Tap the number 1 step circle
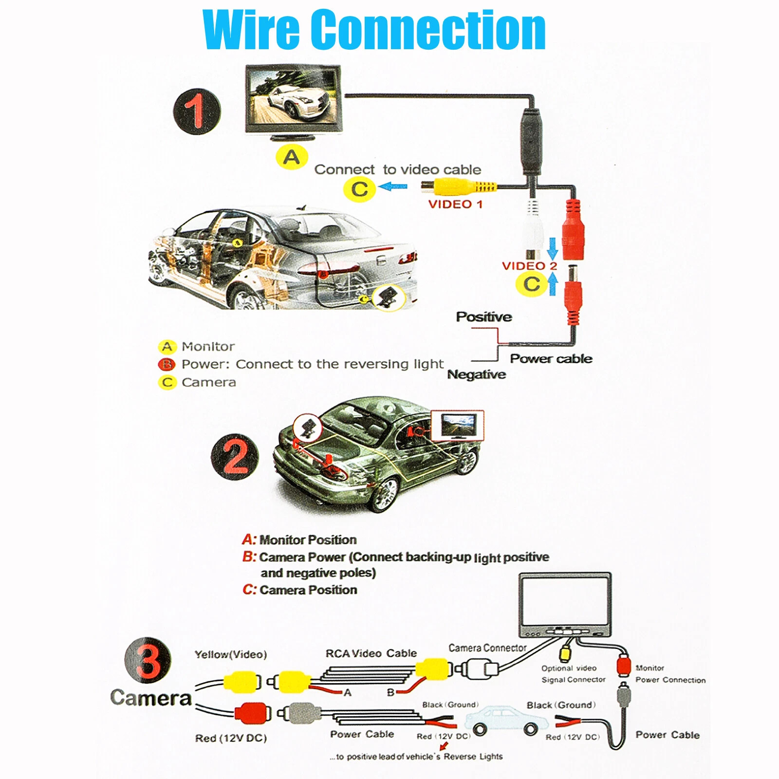tap(197, 111)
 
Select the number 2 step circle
tap(235, 457)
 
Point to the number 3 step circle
tap(148, 660)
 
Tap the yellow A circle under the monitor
tap(292, 157)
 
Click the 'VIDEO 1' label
tap(455, 204)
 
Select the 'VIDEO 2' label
tap(529, 266)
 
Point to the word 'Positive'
tap(484, 317)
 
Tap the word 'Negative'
tap(477, 374)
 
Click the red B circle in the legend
tap(167, 364)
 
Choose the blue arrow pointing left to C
tap(393, 186)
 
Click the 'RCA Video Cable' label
tap(371, 653)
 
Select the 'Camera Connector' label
tap(487, 648)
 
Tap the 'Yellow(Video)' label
tap(231, 654)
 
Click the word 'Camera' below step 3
tap(151, 698)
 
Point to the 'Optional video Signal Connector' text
tap(574, 674)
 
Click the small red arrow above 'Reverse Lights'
tap(444, 746)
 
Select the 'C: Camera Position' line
tap(300, 590)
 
